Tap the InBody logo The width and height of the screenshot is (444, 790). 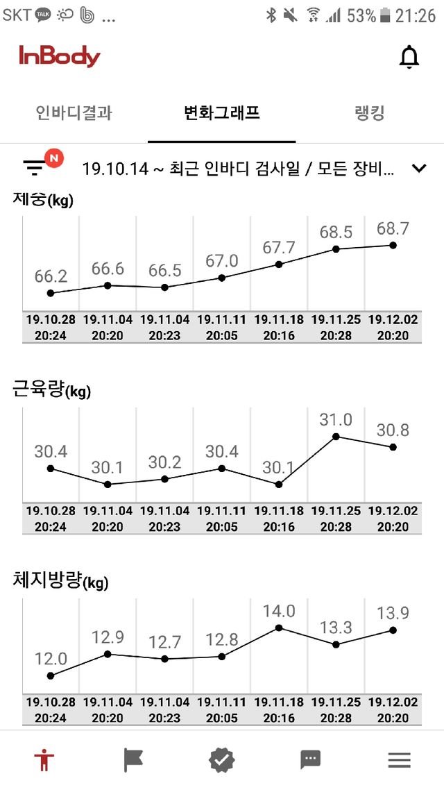pos(60,57)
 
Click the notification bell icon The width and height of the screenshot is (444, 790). pos(409,58)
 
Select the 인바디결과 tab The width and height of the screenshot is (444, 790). pos(74,113)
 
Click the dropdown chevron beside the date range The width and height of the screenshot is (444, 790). pos(418,167)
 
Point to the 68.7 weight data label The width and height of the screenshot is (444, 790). pos(393,228)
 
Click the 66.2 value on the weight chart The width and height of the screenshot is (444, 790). pos(51,276)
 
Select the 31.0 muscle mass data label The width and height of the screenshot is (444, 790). pos(336,419)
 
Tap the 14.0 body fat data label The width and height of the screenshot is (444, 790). pos(279,611)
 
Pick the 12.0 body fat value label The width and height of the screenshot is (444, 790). pos(51,659)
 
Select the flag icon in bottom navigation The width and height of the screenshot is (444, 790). pos(133,760)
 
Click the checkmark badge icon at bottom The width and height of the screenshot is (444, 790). pos(222,760)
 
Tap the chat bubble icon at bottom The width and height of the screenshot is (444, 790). pos(310,760)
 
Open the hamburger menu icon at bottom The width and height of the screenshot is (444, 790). pos(399,760)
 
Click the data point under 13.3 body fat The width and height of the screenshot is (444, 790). pos(336,645)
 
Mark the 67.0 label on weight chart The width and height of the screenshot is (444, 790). pos(222,261)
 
